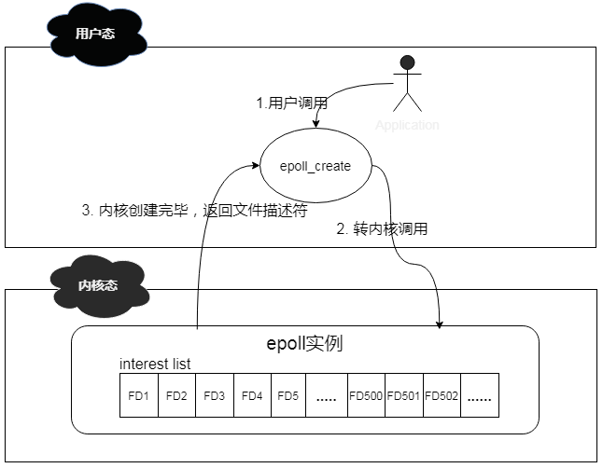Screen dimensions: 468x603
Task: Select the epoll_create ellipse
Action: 316,167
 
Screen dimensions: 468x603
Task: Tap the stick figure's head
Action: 406,64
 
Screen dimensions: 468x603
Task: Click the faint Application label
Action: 407,125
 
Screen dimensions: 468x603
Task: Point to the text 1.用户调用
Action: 289,103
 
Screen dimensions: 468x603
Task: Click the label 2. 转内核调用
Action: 382,228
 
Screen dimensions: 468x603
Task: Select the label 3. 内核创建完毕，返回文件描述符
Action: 195,210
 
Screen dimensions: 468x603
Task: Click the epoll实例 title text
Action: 304,343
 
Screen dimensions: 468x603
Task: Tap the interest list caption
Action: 155,364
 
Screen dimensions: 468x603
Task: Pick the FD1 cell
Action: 138,395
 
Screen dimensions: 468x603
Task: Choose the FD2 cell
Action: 176,395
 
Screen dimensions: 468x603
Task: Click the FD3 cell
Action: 214,395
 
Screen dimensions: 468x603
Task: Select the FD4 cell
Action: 252,395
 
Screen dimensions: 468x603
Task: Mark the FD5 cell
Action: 287,395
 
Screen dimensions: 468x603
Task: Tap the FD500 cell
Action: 366,395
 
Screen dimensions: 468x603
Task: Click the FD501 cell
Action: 404,395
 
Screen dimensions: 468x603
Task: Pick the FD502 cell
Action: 442,395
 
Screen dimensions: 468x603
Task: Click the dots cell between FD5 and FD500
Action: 326,395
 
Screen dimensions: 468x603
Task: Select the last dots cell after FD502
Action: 480,395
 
